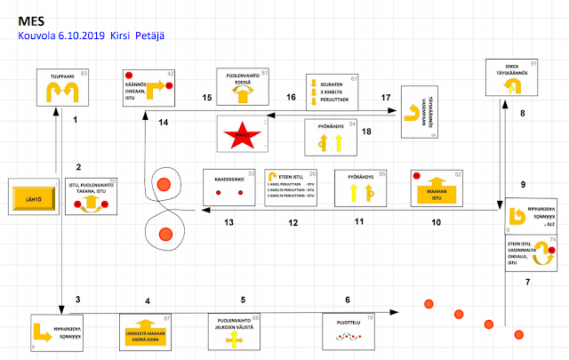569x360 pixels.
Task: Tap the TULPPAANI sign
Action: [63, 88]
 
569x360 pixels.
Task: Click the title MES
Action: [27, 18]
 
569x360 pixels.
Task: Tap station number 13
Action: [228, 222]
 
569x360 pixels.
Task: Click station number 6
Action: [348, 300]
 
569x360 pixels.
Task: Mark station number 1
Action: [76, 119]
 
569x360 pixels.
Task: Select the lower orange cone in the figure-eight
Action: [164, 234]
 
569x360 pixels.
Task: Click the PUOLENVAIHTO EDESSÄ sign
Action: [243, 87]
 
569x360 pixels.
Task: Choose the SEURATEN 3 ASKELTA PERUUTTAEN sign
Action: [331, 90]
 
